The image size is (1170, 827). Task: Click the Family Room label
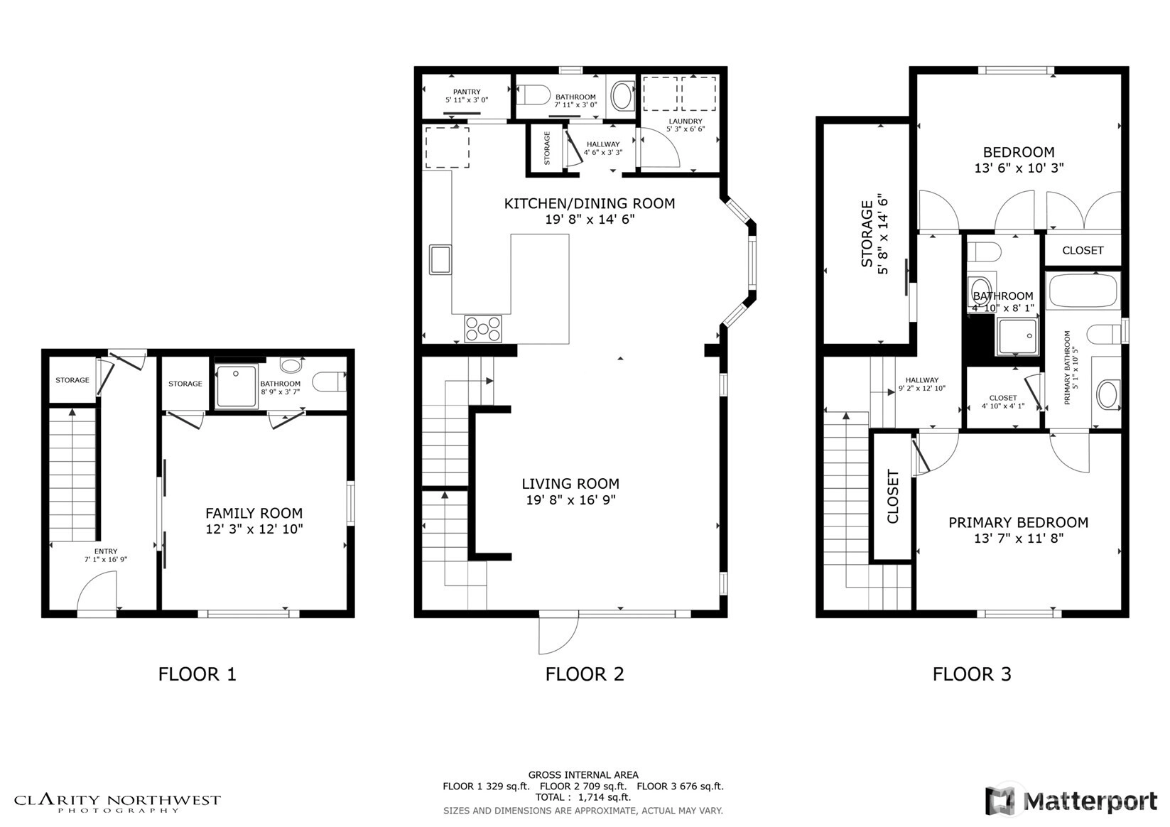[254, 513]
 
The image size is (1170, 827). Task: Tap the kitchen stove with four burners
[483, 329]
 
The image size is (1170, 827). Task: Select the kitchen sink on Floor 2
[440, 259]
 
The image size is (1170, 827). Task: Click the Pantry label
[467, 92]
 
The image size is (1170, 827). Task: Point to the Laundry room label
[686, 121]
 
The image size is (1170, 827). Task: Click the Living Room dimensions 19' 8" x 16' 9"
[570, 500]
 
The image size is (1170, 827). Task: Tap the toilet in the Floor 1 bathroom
[329, 382]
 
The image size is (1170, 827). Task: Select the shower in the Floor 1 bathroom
[237, 387]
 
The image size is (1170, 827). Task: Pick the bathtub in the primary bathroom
[1083, 290]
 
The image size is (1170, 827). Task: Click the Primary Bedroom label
[1018, 522]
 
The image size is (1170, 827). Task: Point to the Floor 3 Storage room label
[867, 234]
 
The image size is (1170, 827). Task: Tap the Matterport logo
[1071, 801]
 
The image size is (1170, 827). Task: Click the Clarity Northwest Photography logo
[117, 803]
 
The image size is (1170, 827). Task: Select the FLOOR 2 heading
[585, 674]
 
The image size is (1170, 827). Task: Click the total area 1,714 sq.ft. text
[605, 797]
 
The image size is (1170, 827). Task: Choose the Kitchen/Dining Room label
[589, 203]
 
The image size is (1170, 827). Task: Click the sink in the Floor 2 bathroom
[622, 96]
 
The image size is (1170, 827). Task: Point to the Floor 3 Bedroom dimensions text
[1019, 168]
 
